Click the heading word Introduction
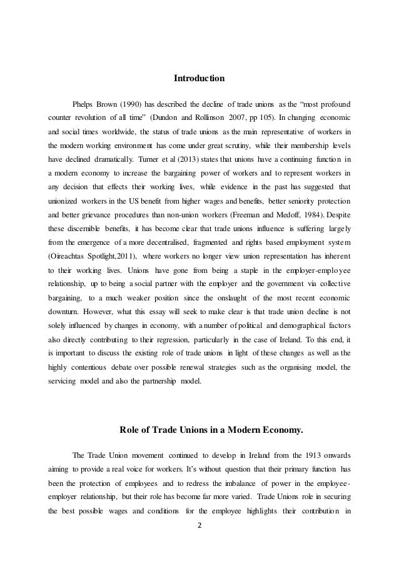199,79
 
